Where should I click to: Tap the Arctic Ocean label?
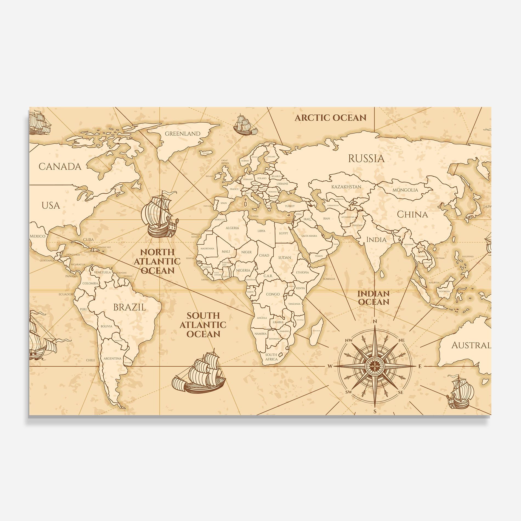point(330,118)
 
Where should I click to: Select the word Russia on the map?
point(366,158)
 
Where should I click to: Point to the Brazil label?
point(130,307)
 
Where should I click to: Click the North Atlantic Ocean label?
point(157,261)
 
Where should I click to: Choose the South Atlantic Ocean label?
point(203,325)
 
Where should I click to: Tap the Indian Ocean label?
point(373,298)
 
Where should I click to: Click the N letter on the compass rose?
point(375,321)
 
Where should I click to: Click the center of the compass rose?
point(375,366)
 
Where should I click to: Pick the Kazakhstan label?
point(346,187)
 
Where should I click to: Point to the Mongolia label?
point(405,190)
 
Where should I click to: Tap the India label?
point(376,240)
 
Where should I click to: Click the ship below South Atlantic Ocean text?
point(199,373)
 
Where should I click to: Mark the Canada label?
point(60,166)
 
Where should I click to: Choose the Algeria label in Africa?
point(232,228)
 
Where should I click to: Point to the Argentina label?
point(112,358)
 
